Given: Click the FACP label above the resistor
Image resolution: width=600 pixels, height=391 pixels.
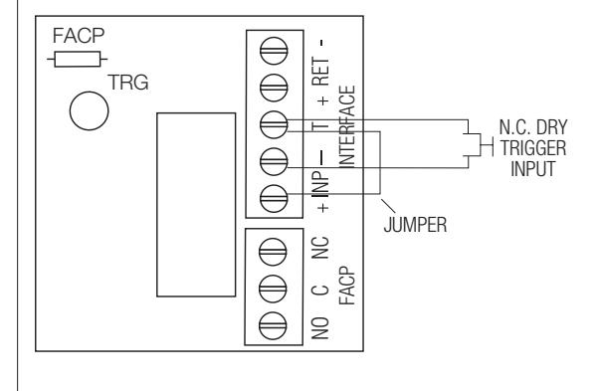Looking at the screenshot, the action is [x=79, y=36].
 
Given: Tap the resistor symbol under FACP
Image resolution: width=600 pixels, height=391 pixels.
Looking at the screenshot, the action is [x=78, y=60].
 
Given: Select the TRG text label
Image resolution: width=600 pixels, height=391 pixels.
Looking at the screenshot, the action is [x=127, y=83].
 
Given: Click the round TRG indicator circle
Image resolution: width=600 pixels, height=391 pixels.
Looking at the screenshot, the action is [x=90, y=111].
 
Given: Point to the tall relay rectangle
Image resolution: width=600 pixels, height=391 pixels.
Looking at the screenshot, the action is [x=196, y=205].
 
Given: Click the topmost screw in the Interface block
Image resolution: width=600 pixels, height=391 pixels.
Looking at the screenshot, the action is [x=274, y=51].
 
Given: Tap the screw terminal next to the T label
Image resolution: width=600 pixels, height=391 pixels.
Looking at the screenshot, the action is [x=274, y=124].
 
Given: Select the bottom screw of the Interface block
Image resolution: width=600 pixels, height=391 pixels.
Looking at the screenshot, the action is [x=274, y=199].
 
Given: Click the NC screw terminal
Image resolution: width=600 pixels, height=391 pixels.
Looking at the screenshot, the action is [x=273, y=252].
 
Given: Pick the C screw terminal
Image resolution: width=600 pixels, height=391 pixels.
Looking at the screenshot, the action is [x=273, y=289].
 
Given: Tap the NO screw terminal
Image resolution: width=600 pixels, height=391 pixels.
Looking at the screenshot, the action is [x=273, y=326].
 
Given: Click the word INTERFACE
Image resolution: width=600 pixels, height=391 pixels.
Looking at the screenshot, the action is [x=347, y=126].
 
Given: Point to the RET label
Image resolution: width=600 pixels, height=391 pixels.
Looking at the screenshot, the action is [x=320, y=72].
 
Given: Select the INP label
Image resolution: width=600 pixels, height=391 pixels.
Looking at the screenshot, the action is [x=320, y=185].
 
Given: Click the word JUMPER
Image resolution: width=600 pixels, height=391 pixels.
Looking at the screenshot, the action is [x=415, y=225].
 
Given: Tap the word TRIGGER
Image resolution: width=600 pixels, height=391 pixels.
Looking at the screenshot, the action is [x=533, y=148].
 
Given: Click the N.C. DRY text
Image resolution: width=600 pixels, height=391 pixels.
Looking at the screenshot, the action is [x=533, y=127].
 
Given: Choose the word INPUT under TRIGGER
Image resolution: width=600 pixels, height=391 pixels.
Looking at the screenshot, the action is [x=533, y=169].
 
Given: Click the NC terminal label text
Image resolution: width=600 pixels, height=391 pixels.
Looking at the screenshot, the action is [x=320, y=248].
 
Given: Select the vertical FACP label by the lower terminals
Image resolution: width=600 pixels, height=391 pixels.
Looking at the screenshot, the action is [x=347, y=286].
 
